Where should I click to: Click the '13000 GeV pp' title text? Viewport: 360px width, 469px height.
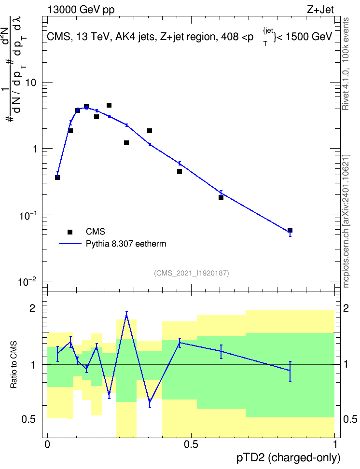[x=81, y=10]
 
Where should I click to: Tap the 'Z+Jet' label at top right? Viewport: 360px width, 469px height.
[x=320, y=10]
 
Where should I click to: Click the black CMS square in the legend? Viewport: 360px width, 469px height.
[x=70, y=232]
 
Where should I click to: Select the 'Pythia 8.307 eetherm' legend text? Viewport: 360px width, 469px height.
[x=125, y=244]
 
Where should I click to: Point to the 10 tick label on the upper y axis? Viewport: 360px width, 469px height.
[x=31, y=83]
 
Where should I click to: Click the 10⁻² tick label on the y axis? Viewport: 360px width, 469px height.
[x=28, y=281]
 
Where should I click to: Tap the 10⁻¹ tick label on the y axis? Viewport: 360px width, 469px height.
[x=28, y=215]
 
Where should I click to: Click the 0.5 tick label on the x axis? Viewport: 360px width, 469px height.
[x=191, y=444]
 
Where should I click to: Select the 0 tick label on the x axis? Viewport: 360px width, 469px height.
[x=47, y=444]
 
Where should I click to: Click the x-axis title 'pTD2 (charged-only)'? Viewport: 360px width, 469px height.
[x=289, y=457]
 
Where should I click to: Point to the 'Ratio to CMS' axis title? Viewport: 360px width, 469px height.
[x=14, y=364]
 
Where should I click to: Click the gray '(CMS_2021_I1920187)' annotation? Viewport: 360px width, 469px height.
[x=192, y=273]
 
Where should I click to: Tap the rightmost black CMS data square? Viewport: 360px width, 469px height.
[x=290, y=230]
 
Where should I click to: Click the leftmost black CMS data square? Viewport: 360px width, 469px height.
[x=57, y=178]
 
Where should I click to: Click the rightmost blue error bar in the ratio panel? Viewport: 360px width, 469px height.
[x=290, y=371]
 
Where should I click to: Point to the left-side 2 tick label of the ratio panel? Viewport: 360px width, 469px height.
[x=32, y=308]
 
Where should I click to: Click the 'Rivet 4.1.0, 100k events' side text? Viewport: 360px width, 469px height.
[x=346, y=64]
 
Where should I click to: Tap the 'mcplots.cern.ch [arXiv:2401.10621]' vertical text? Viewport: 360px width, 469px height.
[x=346, y=221]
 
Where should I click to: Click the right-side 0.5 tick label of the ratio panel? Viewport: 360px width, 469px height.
[x=350, y=419]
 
